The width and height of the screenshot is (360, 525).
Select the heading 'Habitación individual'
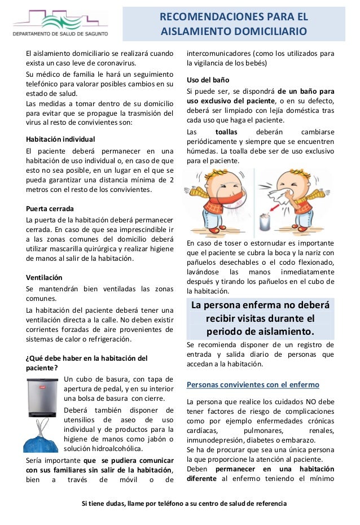coord(61,139)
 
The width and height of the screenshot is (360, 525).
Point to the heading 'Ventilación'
coord(45,278)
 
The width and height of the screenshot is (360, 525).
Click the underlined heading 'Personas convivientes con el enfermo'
coord(253,385)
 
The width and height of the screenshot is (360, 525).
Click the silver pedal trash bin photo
coord(43,397)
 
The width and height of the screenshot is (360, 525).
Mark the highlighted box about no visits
coord(260,318)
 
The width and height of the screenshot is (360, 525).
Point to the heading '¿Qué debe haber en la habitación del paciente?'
coord(86,362)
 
